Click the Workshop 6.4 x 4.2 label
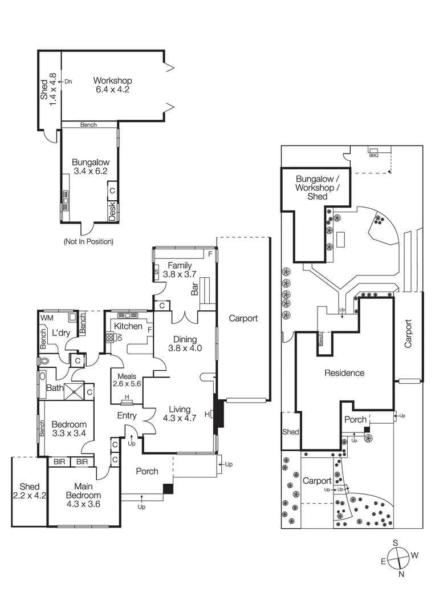tap(113, 84)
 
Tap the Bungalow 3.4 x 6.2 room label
tap(90, 167)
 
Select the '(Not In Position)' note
tap(88, 241)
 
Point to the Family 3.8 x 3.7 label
tap(177, 270)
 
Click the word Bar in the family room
tap(194, 289)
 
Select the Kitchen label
tap(128, 326)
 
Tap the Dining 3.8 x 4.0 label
tap(184, 343)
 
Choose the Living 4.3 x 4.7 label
tap(180, 413)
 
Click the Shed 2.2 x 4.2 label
tap(29, 492)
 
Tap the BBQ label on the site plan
tap(373, 155)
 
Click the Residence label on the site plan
tap(344, 373)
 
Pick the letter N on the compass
tap(401, 574)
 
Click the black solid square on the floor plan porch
tap(168, 489)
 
